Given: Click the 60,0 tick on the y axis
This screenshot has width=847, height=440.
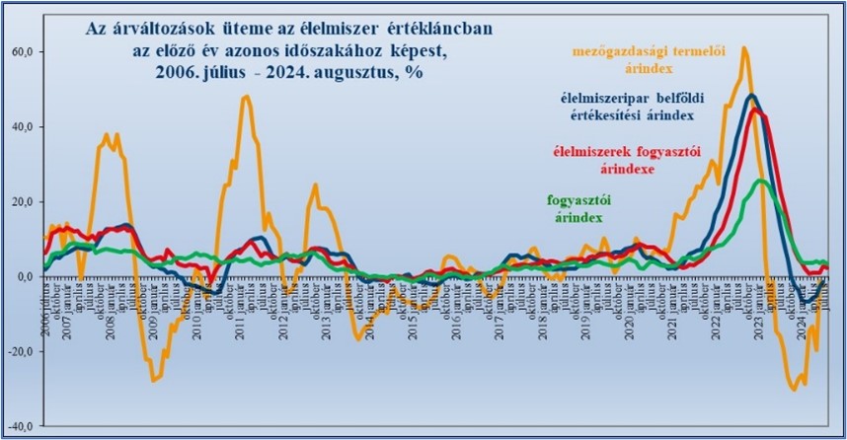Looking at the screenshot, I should coord(21,51).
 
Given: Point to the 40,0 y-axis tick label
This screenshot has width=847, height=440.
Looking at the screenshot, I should coord(21,126).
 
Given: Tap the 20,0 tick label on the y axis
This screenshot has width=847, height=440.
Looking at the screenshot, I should coord(21,201).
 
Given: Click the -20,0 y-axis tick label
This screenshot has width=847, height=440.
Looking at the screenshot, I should coord(20,351).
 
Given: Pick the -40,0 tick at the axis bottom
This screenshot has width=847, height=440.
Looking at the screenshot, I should coord(20,426).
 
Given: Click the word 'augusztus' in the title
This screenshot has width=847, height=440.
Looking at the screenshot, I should coord(344,74).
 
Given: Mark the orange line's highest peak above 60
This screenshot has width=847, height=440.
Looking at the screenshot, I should coord(744,47).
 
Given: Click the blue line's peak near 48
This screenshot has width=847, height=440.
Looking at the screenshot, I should coord(752,96).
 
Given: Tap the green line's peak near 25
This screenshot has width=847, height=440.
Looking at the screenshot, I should coord(760,181).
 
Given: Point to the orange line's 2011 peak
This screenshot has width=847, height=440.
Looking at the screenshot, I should coord(246,96).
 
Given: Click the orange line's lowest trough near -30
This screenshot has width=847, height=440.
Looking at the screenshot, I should coord(795,390).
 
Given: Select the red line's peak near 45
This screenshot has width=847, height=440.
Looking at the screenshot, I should coord(755,109).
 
